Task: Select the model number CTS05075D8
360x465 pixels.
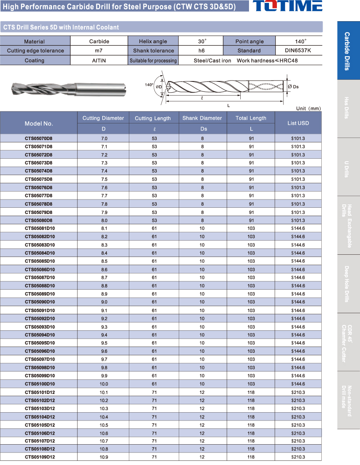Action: point(39,179)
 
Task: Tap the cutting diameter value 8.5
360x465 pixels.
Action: point(104,261)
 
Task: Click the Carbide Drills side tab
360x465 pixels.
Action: point(348,51)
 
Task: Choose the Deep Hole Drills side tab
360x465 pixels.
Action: point(348,283)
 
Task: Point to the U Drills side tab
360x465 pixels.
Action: point(348,167)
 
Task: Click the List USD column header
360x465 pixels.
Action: point(298,123)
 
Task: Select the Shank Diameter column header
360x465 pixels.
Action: point(202,118)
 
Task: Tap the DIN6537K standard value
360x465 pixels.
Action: point(298,51)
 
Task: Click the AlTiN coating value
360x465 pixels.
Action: point(99,60)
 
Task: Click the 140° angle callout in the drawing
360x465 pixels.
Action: point(149,85)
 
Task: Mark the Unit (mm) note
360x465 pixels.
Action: point(308,108)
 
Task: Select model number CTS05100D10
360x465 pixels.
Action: point(40,384)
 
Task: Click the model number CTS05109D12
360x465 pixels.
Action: point(40,457)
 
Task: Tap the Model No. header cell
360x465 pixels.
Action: point(39,123)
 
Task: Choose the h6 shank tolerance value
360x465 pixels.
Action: point(201,51)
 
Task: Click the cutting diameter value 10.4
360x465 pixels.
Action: point(104,417)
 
